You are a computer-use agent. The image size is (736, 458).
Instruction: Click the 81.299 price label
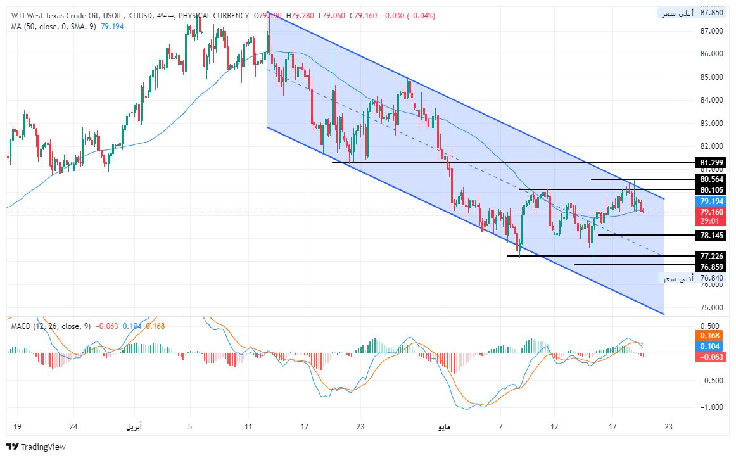pos(709,162)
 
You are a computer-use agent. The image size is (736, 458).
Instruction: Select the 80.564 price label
pos(709,179)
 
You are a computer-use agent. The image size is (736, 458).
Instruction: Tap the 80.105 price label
pos(709,189)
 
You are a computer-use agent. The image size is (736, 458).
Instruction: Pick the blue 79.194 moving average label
pos(709,201)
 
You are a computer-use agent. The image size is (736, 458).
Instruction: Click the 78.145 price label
pos(709,236)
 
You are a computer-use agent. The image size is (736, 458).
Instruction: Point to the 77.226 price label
pos(709,256)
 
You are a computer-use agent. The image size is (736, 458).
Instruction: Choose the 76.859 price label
pos(709,267)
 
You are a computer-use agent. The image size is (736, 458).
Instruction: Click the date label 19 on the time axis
pos(17,426)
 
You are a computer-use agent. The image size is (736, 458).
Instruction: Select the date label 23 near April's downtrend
pos(360,426)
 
